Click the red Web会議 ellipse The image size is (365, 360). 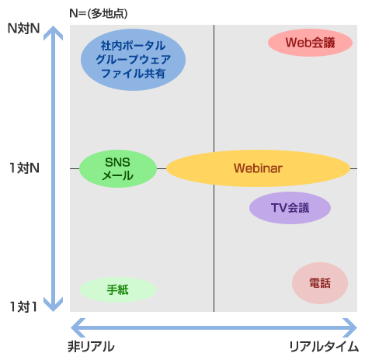point(310,43)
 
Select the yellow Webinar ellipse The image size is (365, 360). point(258,168)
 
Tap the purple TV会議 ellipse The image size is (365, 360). point(290,208)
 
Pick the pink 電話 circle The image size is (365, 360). point(320,283)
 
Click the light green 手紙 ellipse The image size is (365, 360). point(118,289)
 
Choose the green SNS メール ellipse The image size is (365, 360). point(118,168)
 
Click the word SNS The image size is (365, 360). point(117,162)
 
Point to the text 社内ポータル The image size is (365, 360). point(133,46)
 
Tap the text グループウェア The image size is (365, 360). point(133,60)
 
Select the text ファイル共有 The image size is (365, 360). point(133,73)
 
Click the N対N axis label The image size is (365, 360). point(23,29)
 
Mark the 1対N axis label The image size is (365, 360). point(24,168)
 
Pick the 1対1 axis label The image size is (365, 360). point(23,307)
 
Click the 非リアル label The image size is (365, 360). point(91,347)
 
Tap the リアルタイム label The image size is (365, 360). point(324,347)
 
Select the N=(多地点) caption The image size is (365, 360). point(99,13)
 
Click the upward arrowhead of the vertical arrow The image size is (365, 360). point(53,33)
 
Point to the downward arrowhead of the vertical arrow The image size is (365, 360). point(53,304)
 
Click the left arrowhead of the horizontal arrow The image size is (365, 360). point(78,328)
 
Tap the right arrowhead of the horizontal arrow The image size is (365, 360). point(350,328)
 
